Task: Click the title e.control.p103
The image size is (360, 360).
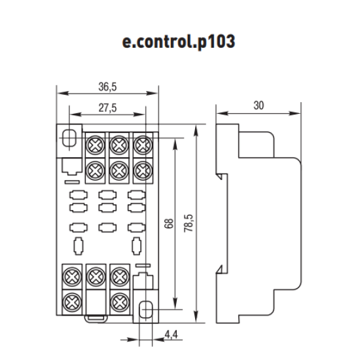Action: pos(179,41)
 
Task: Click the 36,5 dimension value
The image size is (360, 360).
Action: pos(107,87)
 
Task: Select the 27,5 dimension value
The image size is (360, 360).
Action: pos(107,108)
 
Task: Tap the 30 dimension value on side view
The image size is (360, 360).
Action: pos(259,105)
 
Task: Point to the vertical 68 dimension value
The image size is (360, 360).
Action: pos(169,224)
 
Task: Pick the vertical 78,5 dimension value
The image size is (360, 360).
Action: pos(189,223)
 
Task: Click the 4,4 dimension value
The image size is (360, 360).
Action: pos(171,334)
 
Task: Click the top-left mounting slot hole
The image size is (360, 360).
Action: pos(69,138)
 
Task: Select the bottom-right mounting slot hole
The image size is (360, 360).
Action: pos(146,310)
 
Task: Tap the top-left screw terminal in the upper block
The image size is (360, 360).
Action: pos(96,145)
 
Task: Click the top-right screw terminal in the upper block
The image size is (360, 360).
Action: pos(143,145)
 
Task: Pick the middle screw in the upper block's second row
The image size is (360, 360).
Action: pos(119,171)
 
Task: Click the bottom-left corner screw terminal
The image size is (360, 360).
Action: pos(72,302)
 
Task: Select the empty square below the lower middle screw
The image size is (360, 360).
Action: pos(96,302)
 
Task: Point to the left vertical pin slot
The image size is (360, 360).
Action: pos(79,246)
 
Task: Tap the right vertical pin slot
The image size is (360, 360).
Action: pos(137,246)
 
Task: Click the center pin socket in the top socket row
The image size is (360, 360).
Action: pos(107,195)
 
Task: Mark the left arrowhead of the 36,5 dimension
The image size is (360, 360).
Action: pos(63,93)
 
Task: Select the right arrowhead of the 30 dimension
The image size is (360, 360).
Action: pos(295,113)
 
